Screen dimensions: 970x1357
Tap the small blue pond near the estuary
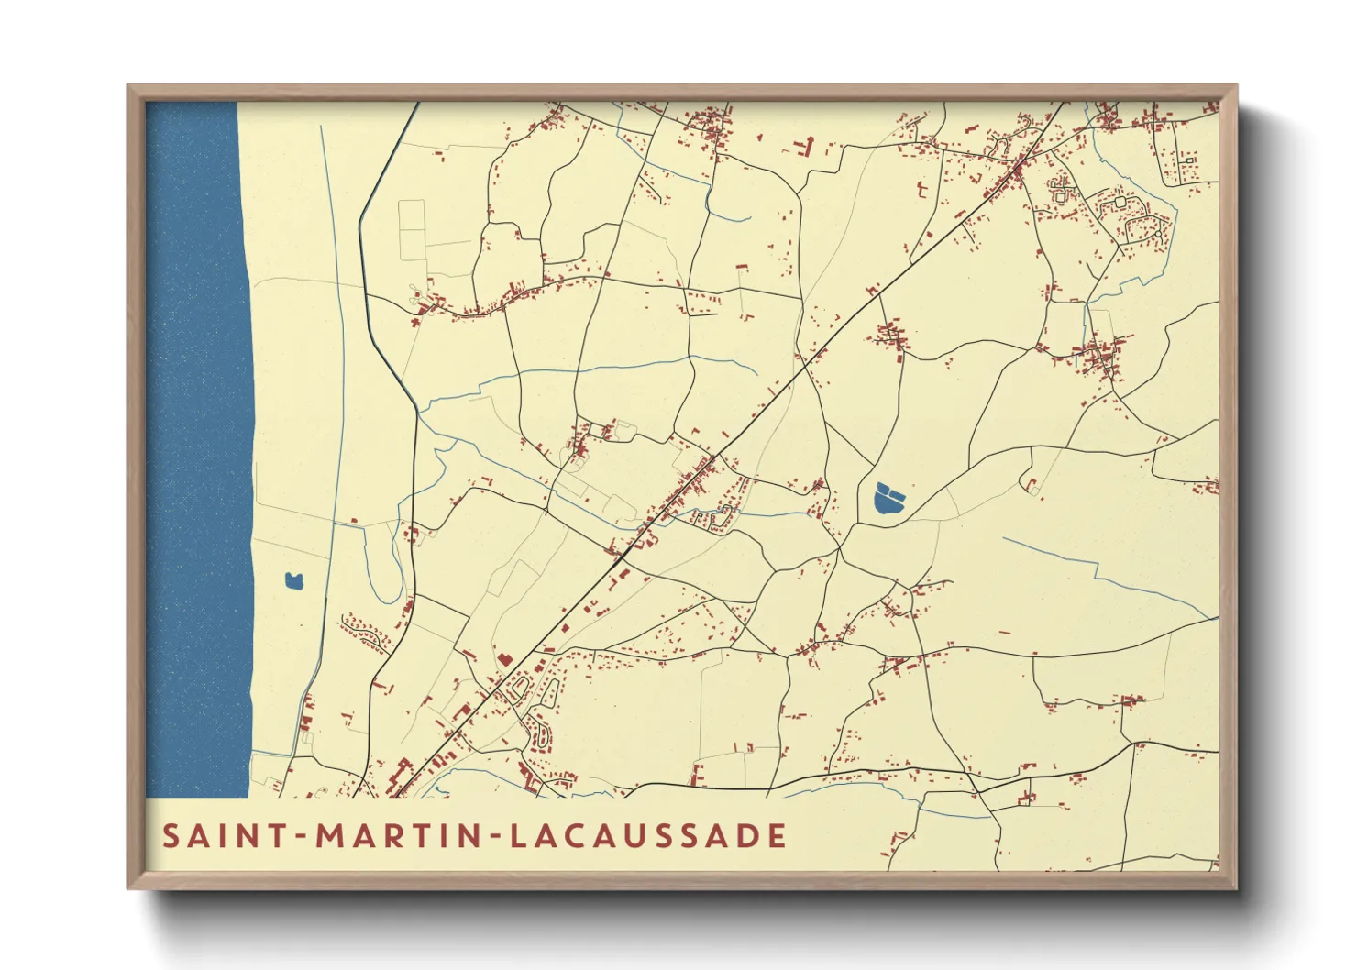point(293,580)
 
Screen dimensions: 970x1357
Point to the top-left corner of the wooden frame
point(128,86)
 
